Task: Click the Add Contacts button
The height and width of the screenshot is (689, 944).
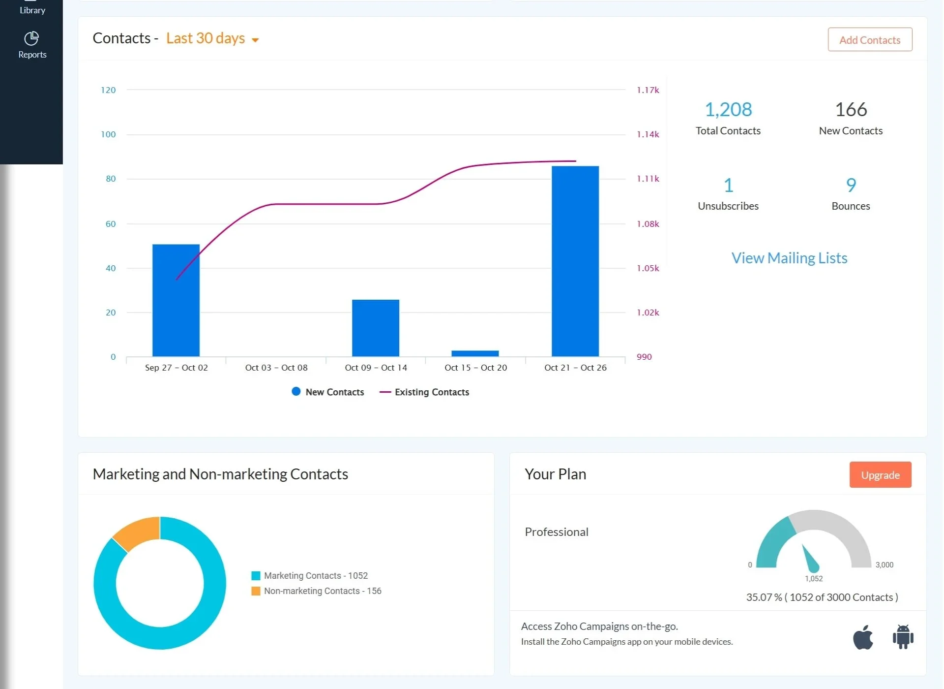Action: click(x=869, y=40)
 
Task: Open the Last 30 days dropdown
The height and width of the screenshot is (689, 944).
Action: click(x=212, y=38)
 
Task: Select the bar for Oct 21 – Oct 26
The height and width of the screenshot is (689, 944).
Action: click(x=575, y=261)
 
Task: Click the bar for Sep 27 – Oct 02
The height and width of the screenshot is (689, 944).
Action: click(x=176, y=300)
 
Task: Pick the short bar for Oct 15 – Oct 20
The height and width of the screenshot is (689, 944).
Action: click(x=474, y=353)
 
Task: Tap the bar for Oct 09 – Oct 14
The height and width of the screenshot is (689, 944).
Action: click(x=375, y=327)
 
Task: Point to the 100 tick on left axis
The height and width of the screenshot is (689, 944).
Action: click(x=108, y=134)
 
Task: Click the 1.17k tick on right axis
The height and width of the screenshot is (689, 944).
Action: click(x=648, y=90)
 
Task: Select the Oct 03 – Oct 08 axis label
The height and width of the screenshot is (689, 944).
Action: click(x=276, y=368)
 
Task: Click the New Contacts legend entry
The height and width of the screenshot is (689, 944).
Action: click(x=328, y=392)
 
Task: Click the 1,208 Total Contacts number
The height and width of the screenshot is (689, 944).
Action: click(x=728, y=109)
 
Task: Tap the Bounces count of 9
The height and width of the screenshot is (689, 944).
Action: click(x=851, y=185)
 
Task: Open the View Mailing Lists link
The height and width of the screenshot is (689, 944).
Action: click(x=789, y=258)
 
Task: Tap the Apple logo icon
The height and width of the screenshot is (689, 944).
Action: click(x=862, y=637)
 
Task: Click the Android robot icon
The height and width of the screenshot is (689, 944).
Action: click(x=903, y=637)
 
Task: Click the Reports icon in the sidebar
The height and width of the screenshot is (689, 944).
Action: click(x=32, y=45)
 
